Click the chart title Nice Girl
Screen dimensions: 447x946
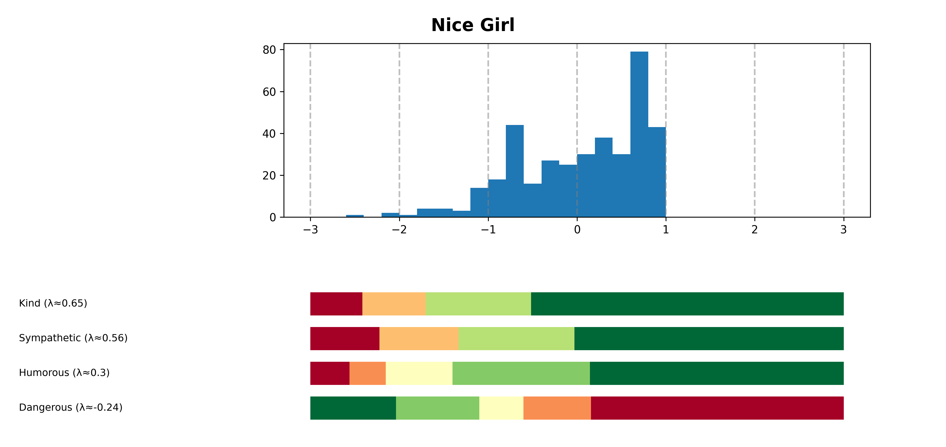pyautogui.click(x=473, y=25)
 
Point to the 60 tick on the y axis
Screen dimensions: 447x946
pyautogui.click(x=269, y=92)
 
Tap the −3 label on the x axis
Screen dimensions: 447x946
pyautogui.click(x=310, y=230)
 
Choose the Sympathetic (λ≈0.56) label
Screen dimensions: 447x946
pyautogui.click(x=73, y=338)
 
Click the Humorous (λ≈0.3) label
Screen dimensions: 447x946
pyautogui.click(x=64, y=373)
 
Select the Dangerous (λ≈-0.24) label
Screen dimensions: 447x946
pyautogui.click(x=70, y=408)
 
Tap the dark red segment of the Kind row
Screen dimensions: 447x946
pyautogui.click(x=336, y=304)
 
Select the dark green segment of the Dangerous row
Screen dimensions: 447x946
pyautogui.click(x=353, y=408)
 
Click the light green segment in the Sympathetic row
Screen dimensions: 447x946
pyautogui.click(x=516, y=339)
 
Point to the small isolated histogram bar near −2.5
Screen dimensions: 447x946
pyautogui.click(x=355, y=216)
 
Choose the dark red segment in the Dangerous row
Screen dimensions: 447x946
pyautogui.click(x=717, y=408)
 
